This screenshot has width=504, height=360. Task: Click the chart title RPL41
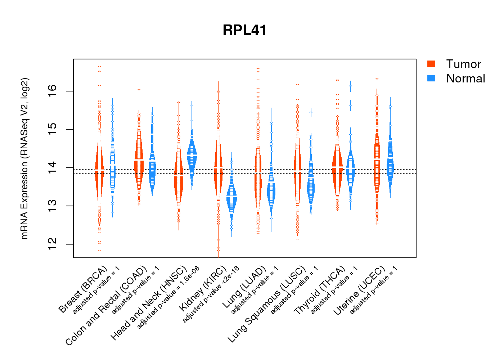[x=244, y=30]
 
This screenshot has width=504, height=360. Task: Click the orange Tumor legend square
[x=431, y=64]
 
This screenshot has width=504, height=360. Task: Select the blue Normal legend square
[x=431, y=78]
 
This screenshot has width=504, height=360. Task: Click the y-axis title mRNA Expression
[x=24, y=158]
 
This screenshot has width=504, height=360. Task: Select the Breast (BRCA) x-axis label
[x=83, y=289]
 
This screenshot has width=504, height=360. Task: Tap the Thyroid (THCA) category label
[x=320, y=291]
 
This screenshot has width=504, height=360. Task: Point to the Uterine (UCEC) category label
[x=359, y=291]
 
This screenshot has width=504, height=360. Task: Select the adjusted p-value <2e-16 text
[x=211, y=294]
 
